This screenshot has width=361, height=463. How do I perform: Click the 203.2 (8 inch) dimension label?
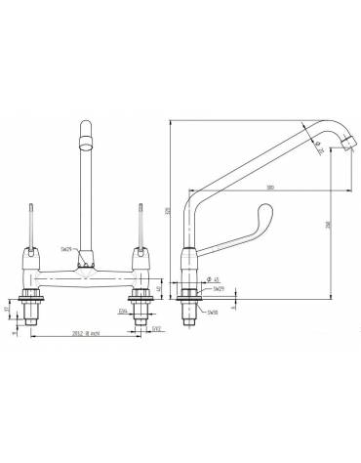click(x=83, y=331)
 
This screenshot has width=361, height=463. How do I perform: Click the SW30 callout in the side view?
click(x=212, y=312)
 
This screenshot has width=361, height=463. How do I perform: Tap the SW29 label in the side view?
click(x=218, y=291)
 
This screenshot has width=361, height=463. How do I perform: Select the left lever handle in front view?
click(x=32, y=230)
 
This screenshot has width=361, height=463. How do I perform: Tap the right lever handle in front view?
click(x=142, y=230)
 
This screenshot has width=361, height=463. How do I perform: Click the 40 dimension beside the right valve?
click(x=160, y=288)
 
